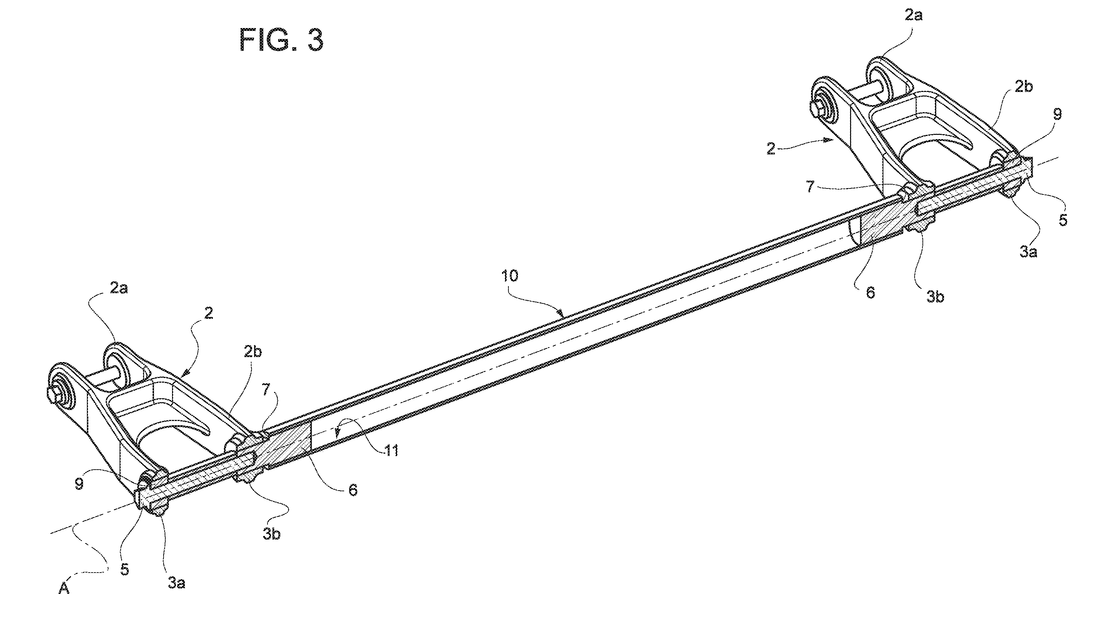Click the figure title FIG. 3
[282, 40]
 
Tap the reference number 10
[509, 275]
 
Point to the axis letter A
[64, 589]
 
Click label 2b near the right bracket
[1024, 87]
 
